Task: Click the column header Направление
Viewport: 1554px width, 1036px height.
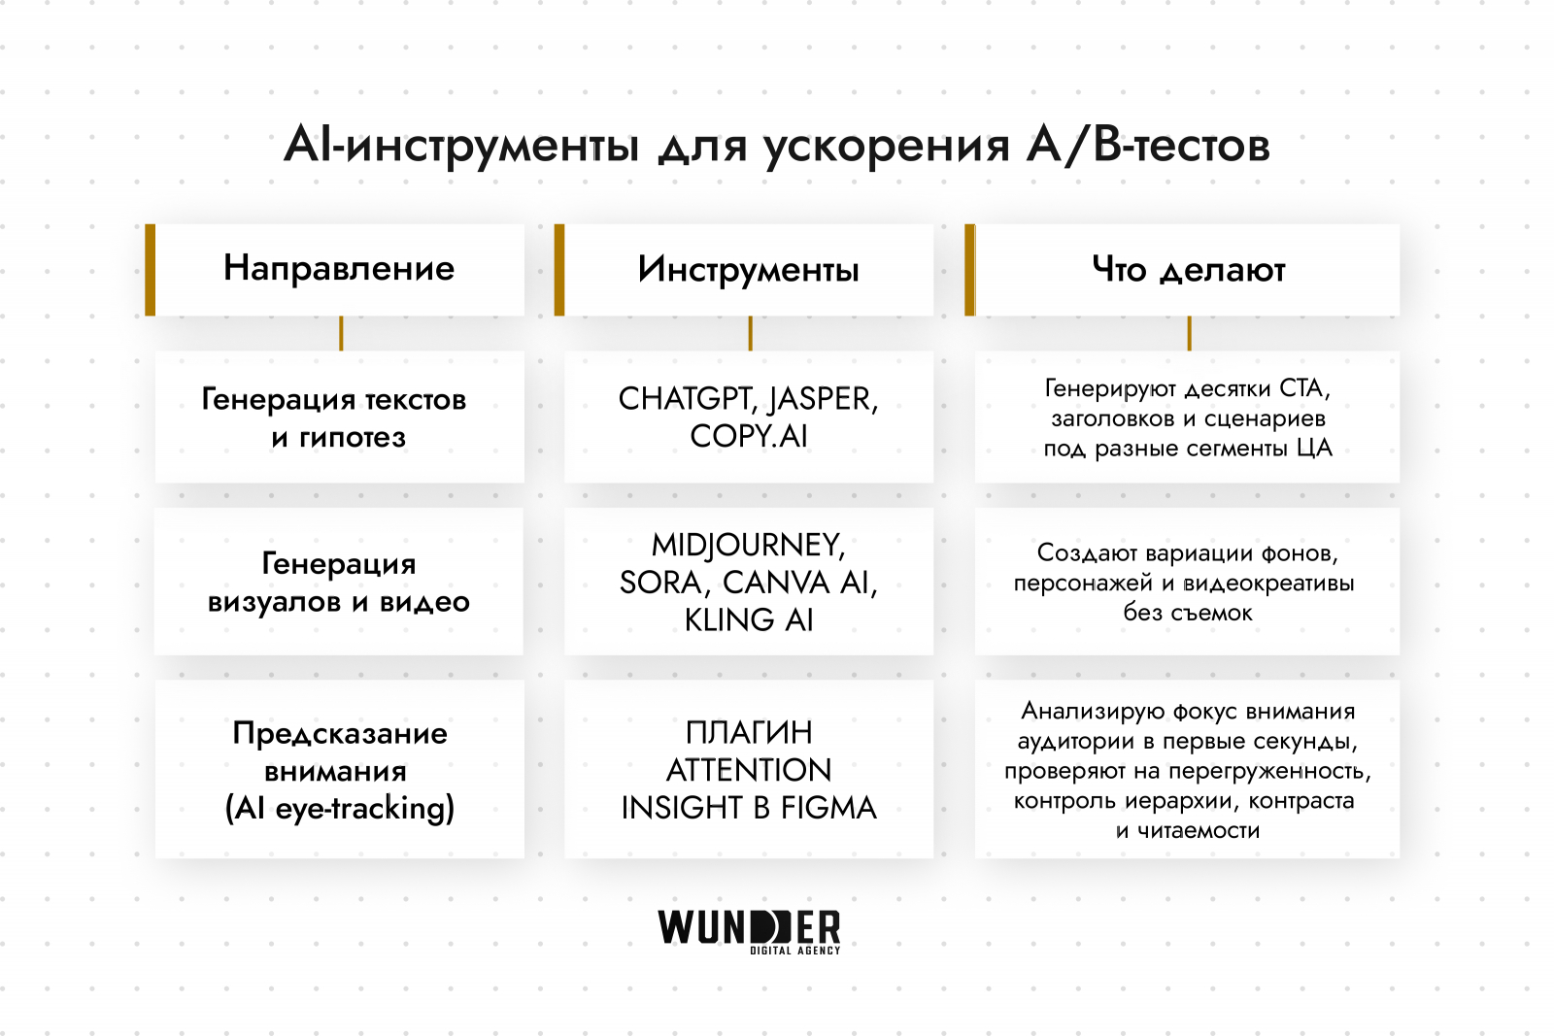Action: (x=339, y=268)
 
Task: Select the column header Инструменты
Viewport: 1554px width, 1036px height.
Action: (x=749, y=270)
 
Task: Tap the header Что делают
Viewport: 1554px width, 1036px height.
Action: (x=1189, y=270)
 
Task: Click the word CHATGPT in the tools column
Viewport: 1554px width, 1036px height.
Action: (x=686, y=399)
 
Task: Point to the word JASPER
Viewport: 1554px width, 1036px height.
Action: (x=823, y=399)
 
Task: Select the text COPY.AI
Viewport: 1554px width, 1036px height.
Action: (x=749, y=437)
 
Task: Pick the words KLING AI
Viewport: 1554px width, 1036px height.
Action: (x=749, y=619)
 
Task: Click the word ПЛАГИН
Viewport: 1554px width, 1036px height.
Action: (x=749, y=732)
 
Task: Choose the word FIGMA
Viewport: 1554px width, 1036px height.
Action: (x=828, y=808)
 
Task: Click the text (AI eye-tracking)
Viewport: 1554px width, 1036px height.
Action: (x=340, y=809)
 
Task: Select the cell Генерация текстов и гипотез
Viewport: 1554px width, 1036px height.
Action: (x=340, y=418)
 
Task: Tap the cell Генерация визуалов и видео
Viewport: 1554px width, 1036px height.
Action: (x=340, y=582)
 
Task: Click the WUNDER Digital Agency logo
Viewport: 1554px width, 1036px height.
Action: (x=749, y=931)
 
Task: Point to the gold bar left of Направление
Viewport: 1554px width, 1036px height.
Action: (x=151, y=270)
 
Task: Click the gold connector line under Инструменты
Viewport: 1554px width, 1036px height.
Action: (x=750, y=333)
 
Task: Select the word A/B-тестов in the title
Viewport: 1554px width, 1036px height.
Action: (x=1149, y=146)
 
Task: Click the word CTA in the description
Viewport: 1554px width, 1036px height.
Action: (x=1304, y=388)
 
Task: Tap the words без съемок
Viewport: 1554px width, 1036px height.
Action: (x=1188, y=613)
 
